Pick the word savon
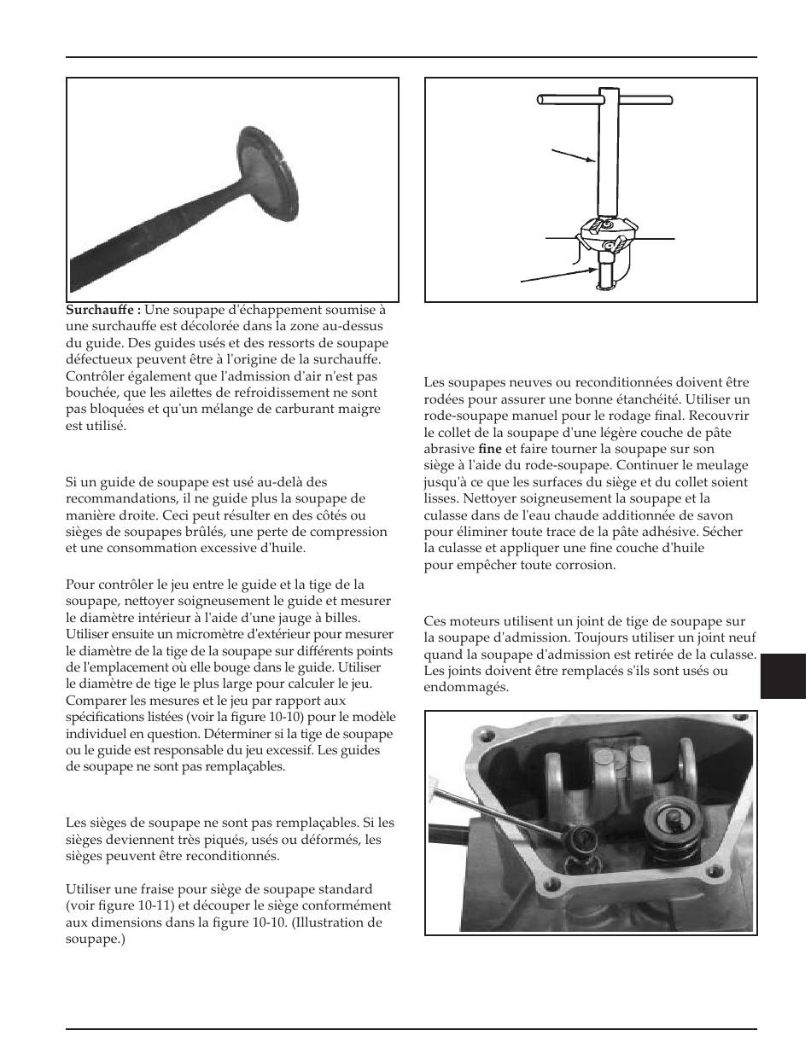click(715, 515)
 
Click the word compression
click(352, 532)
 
